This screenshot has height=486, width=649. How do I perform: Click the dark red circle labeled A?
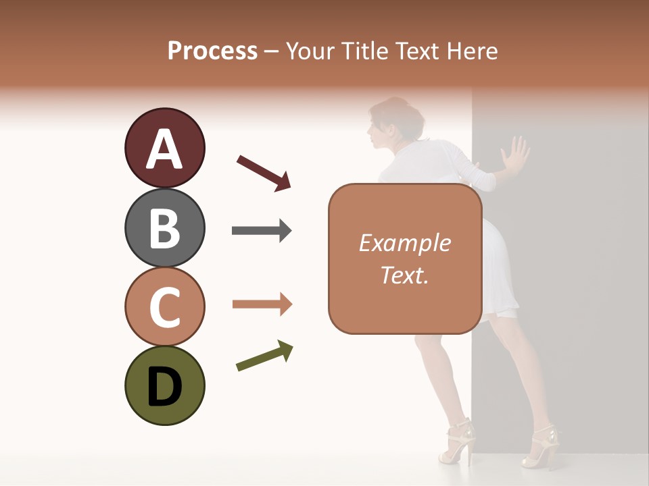(164, 148)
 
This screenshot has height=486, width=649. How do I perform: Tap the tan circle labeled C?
(164, 306)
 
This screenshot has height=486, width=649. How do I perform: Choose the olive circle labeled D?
(164, 385)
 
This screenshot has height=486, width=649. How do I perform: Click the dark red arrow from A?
(264, 172)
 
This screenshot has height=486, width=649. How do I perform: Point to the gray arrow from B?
(262, 231)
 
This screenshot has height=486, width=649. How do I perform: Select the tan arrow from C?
(262, 304)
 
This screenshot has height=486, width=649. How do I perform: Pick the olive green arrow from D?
(264, 356)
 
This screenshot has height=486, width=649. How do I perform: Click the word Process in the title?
(212, 51)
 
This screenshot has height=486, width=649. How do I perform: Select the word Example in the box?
(404, 243)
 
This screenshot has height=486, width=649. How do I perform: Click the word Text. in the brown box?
(404, 275)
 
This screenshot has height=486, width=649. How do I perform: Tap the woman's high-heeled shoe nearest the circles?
(457, 442)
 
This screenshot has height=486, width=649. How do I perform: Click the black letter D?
(164, 387)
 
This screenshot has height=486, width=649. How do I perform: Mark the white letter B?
(164, 228)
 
